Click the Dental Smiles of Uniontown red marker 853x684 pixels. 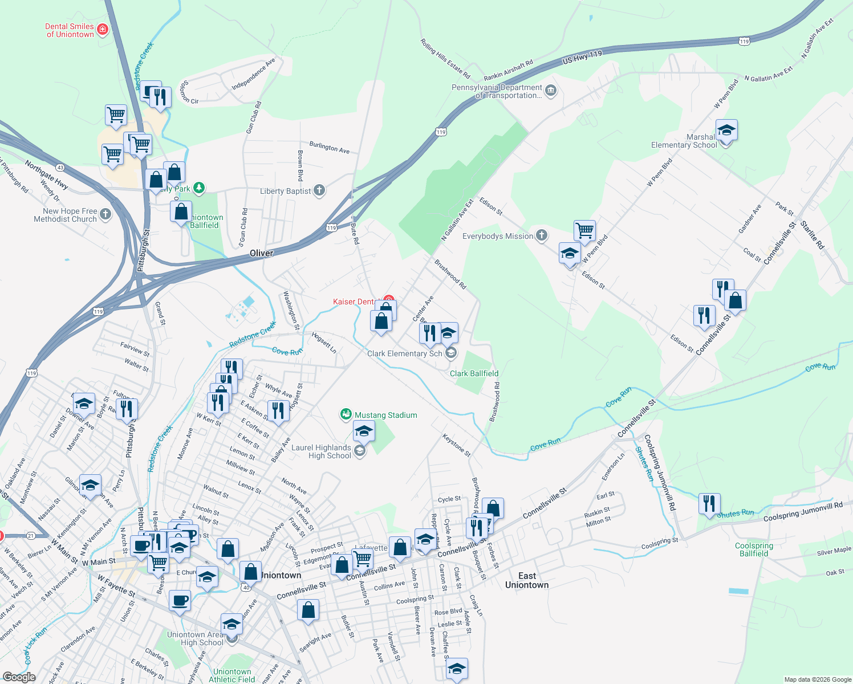click(x=103, y=29)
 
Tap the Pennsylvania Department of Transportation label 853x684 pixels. click(x=496, y=91)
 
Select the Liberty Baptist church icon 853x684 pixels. click(x=319, y=190)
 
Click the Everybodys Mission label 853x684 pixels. click(x=498, y=236)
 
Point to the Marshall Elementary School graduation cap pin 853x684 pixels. click(x=726, y=131)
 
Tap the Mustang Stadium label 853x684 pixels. click(x=385, y=415)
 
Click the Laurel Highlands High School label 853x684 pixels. click(x=321, y=451)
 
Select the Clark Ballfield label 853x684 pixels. click(x=474, y=373)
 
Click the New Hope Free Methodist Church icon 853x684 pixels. click(x=105, y=214)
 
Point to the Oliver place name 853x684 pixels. click(x=262, y=253)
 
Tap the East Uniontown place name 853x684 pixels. click(x=527, y=580)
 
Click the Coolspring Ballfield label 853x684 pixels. click(x=754, y=549)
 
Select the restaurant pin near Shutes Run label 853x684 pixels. click(x=709, y=504)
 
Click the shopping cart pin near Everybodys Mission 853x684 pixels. click(x=585, y=231)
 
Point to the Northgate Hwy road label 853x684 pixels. click(x=47, y=175)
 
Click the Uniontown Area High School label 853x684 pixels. click(x=195, y=638)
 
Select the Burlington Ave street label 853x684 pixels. click(x=330, y=148)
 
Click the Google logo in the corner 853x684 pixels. click(x=19, y=677)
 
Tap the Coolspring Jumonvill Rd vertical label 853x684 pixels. click(x=660, y=473)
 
